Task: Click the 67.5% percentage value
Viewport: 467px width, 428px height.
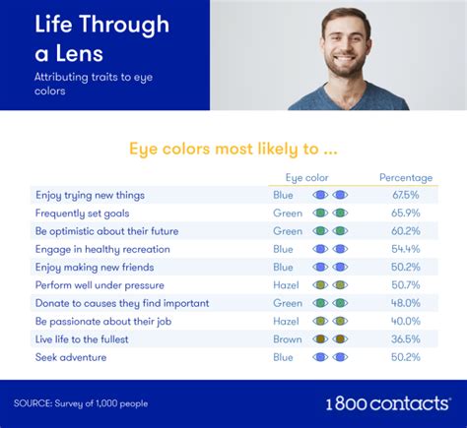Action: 406,195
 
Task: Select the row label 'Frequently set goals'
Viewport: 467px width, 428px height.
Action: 82,214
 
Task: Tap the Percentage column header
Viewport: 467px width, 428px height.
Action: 406,177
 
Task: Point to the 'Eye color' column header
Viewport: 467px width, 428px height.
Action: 306,178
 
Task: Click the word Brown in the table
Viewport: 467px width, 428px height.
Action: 288,339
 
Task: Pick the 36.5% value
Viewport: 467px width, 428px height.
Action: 406,339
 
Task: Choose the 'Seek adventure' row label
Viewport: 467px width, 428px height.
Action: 71,357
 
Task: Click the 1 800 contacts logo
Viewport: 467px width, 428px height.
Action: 388,403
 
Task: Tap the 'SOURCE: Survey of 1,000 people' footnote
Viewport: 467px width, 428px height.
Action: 81,403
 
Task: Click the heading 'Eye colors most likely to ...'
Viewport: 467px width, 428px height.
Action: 233,150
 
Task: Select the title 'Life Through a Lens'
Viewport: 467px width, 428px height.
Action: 102,38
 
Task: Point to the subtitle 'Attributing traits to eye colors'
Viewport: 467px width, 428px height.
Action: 94,84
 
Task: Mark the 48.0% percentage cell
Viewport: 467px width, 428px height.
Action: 406,303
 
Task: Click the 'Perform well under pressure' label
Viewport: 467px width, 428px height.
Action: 100,285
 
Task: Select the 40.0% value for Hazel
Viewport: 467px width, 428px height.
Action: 406,321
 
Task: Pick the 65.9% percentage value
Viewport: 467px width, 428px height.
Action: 406,214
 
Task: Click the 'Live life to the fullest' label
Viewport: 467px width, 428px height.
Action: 82,339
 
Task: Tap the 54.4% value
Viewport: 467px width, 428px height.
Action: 406,249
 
